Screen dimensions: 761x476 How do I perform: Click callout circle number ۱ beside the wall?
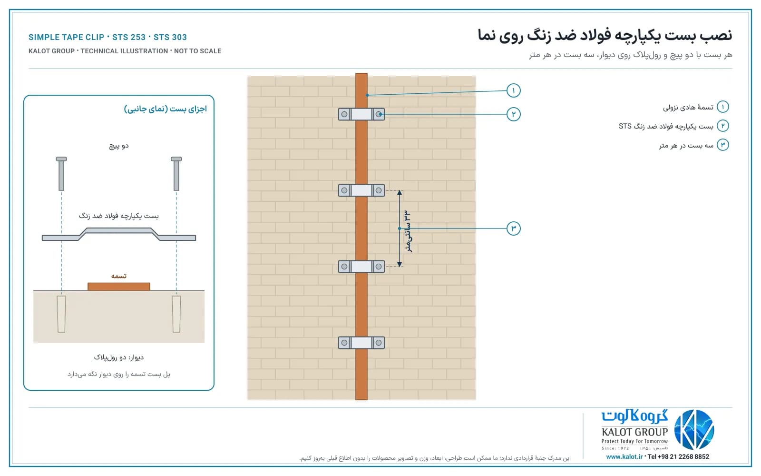click(513, 90)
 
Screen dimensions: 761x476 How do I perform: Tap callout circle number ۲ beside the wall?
click(513, 114)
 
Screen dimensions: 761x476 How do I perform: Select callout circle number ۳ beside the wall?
click(513, 228)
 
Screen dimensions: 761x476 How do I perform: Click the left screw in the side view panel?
click(61, 173)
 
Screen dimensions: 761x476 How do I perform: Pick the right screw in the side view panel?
click(176, 173)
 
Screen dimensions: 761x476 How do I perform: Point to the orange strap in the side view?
click(119, 286)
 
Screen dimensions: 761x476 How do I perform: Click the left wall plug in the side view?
click(61, 314)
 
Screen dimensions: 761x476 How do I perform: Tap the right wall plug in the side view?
click(176, 314)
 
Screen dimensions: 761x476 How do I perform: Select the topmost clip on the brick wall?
click(361, 114)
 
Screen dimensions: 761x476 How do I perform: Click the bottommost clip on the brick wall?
click(361, 343)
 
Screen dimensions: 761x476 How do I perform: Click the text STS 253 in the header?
click(129, 37)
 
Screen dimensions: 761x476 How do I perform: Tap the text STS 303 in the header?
click(170, 37)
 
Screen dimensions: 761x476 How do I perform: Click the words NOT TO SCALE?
click(197, 51)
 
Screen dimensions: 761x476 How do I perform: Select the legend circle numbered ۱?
click(722, 107)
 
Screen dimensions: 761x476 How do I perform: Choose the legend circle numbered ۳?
click(722, 145)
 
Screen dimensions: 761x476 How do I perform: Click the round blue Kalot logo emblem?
click(694, 430)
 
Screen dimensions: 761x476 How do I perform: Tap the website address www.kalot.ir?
click(624, 456)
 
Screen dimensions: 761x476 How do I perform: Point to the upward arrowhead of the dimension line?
click(400, 192)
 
